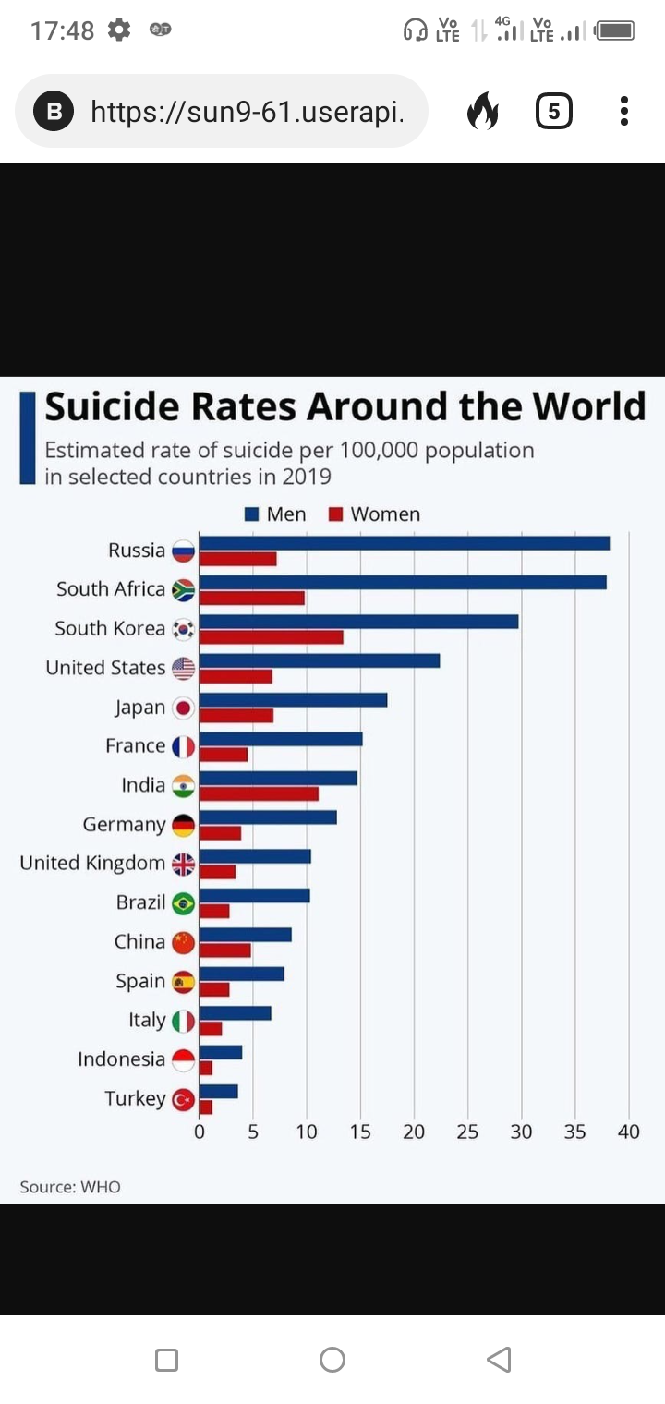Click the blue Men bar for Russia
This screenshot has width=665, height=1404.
[404, 543]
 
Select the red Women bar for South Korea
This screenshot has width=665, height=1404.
[271, 637]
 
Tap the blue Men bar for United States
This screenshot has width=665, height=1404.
[319, 660]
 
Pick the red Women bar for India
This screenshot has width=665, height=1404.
[259, 793]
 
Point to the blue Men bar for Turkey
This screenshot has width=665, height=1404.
[218, 1092]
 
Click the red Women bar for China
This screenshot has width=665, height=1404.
[224, 950]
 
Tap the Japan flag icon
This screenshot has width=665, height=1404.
[183, 708]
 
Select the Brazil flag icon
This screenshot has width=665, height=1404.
[183, 903]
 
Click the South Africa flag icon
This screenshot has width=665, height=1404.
[183, 590]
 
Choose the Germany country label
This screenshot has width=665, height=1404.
[124, 825]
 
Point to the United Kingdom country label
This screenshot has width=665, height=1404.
[92, 864]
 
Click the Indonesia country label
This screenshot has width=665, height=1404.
[121, 1059]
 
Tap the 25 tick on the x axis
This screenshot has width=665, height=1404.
[467, 1132]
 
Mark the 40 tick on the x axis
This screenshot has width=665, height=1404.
[629, 1132]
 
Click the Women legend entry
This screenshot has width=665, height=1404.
[375, 514]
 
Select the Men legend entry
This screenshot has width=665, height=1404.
[276, 514]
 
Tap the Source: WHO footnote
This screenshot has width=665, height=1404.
[70, 1187]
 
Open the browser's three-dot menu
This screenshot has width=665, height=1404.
[624, 111]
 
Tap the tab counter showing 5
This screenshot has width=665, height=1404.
[553, 112]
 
